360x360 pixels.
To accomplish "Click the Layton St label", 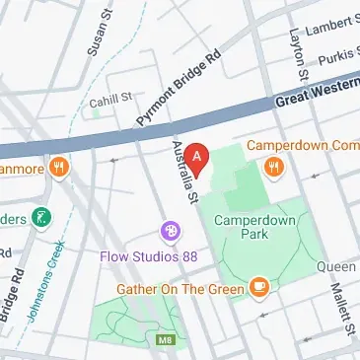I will coord(294,49).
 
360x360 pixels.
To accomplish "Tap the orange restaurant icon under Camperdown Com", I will coord(273,169).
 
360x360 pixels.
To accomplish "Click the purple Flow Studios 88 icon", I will coord(171,231).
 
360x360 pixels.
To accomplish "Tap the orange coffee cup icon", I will coord(259,286).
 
